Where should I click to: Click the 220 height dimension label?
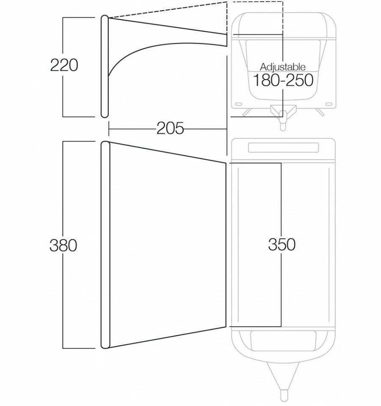point(64,65)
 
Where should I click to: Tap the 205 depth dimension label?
point(170,128)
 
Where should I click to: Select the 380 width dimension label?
point(63,245)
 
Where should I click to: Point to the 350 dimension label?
point(282,244)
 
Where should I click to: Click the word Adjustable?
point(283,67)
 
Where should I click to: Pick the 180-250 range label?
point(283,80)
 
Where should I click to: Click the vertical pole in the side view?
point(105,66)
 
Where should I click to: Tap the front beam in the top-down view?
point(105,245)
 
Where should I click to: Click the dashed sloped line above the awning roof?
point(168,10)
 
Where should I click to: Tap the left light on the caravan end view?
point(239,104)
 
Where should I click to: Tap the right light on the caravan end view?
point(329,104)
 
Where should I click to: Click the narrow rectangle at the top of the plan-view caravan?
point(283,148)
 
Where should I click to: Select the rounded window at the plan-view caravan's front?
point(283,340)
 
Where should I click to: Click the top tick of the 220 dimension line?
point(79,17)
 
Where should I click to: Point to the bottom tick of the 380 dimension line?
point(79,348)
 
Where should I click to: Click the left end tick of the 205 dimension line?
point(109,128)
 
